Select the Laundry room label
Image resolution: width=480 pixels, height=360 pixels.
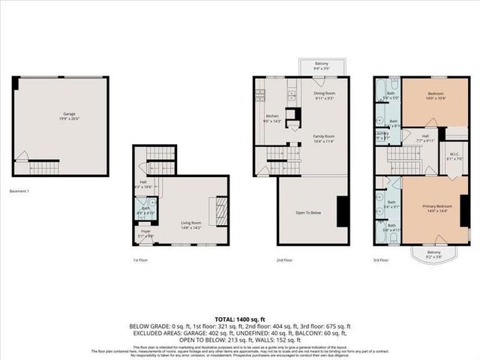[382, 135]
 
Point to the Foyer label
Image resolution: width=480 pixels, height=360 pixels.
[146, 232]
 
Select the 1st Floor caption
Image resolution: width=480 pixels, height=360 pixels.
[141, 260]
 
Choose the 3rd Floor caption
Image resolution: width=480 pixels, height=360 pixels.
[382, 260]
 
